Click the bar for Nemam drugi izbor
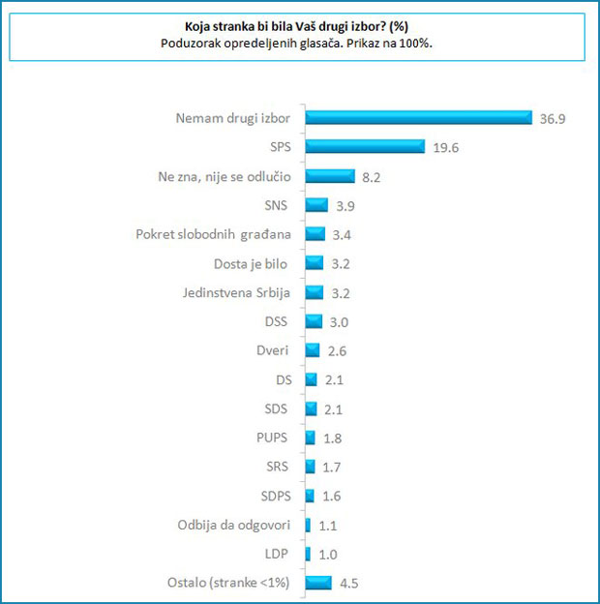418,117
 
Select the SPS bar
365,146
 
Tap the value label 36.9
553,118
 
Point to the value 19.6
445,147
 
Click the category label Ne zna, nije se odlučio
225,176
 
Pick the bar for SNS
315,205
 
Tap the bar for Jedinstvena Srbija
314,292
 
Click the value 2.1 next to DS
334,379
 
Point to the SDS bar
310,408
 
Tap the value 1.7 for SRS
332,467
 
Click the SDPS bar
309,496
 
